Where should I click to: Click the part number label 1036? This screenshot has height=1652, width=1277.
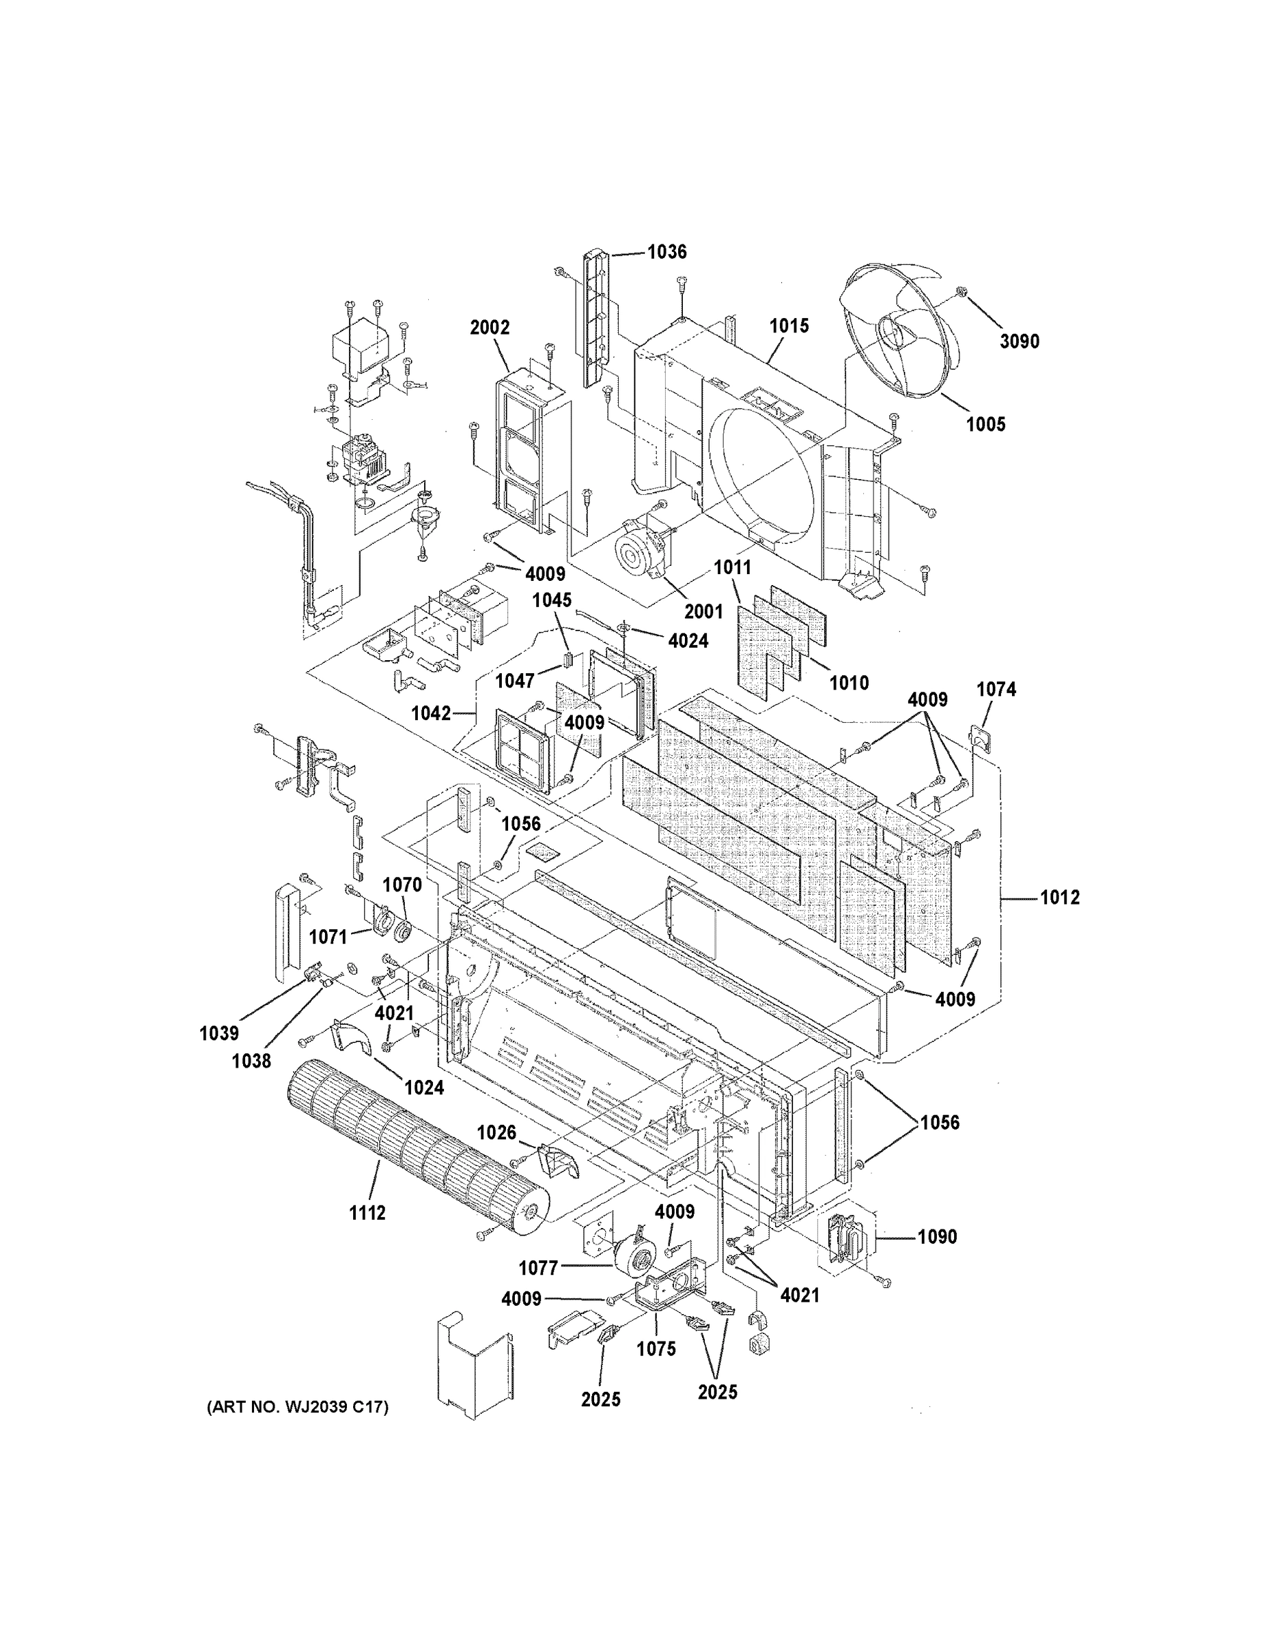(666, 252)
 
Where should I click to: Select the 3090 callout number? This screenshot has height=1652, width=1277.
(1019, 341)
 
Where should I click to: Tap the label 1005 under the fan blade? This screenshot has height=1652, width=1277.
(986, 424)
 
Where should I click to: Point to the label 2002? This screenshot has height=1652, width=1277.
(489, 328)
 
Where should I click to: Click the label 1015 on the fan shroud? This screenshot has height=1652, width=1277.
(789, 326)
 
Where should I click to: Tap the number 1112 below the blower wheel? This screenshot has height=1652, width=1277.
(367, 1214)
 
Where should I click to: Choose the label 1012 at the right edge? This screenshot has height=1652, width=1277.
(1060, 898)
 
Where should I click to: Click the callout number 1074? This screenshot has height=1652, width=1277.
(996, 689)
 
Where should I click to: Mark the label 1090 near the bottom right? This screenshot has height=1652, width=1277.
(938, 1237)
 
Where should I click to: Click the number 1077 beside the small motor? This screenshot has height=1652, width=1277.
(538, 1267)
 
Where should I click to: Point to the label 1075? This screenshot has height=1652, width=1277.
(656, 1348)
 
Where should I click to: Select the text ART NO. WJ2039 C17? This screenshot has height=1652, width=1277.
(297, 1407)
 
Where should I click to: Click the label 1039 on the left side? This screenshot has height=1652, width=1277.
(220, 1033)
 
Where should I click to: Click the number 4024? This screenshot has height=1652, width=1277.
(688, 641)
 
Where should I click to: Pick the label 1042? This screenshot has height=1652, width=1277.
(430, 713)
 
